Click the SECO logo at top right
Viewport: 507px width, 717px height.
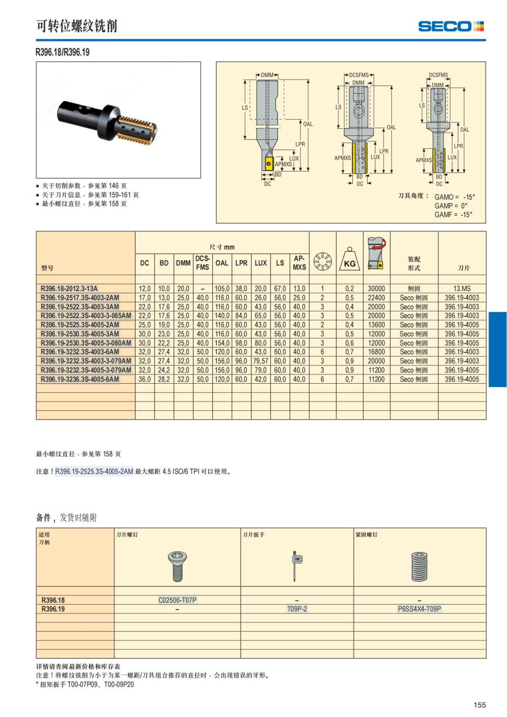(450, 27)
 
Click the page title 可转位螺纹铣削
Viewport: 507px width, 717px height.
(76, 26)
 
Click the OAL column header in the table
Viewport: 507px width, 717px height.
(222, 263)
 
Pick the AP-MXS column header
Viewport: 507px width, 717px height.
(299, 263)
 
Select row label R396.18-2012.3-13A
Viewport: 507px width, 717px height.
(69, 289)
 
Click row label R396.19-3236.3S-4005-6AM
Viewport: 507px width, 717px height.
(80, 379)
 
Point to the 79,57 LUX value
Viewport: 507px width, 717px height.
(261, 361)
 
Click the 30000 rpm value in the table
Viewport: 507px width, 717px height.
(376, 289)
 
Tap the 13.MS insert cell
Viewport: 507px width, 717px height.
(462, 289)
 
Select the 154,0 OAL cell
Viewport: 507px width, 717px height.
(222, 343)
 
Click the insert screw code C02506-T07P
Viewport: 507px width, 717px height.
(177, 600)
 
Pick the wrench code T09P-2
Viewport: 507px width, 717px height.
(297, 609)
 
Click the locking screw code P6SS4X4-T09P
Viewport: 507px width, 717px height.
(420, 609)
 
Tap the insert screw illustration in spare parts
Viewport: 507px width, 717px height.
(177, 566)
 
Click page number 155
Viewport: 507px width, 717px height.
(480, 705)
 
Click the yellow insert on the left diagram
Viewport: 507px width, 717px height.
(267, 164)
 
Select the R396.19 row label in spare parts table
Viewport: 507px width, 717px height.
(53, 609)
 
